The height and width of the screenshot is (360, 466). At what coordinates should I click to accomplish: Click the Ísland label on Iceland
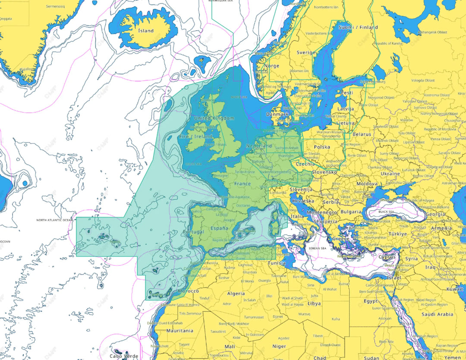pyautogui.click(x=145, y=31)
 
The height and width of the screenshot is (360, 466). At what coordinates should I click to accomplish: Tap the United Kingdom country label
pyautogui.click(x=214, y=118)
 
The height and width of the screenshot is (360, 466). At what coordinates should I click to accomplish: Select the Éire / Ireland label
pyautogui.click(x=196, y=136)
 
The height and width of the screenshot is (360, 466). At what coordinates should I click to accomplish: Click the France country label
pyautogui.click(x=242, y=183)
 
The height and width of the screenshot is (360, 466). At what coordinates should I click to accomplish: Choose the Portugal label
pyautogui.click(x=193, y=232)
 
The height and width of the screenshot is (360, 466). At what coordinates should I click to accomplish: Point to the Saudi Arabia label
pyautogui.click(x=437, y=315)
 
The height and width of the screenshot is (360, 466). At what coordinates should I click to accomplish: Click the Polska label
pyautogui.click(x=321, y=147)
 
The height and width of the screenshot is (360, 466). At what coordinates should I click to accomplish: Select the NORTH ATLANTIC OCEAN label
pyautogui.click(x=55, y=220)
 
